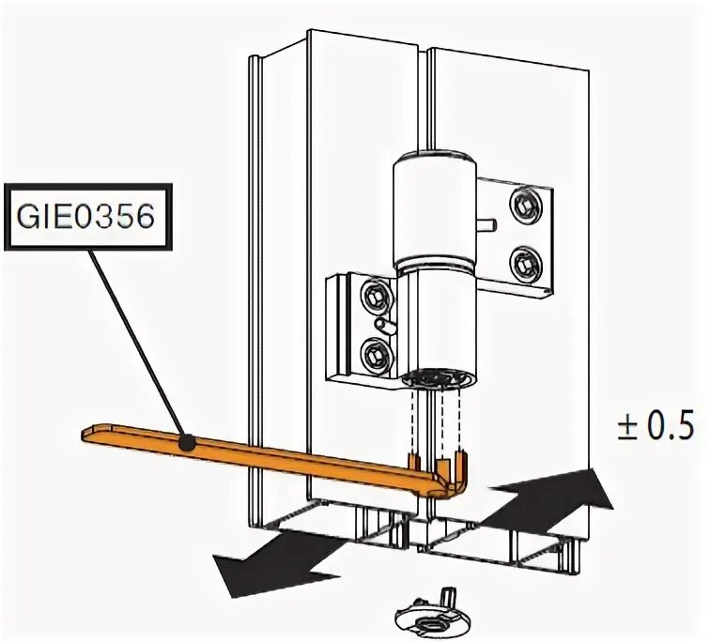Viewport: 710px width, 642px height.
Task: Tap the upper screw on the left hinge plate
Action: coord(377,296)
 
